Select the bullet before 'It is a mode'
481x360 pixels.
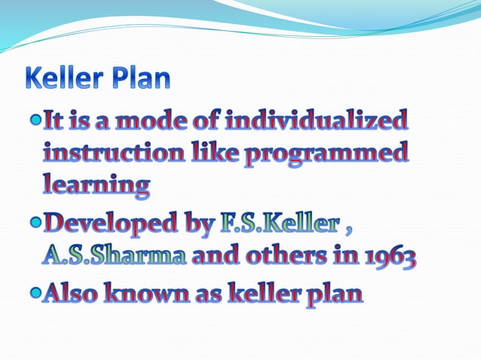pos(35,119)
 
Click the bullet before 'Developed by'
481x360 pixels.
pos(35,224)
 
